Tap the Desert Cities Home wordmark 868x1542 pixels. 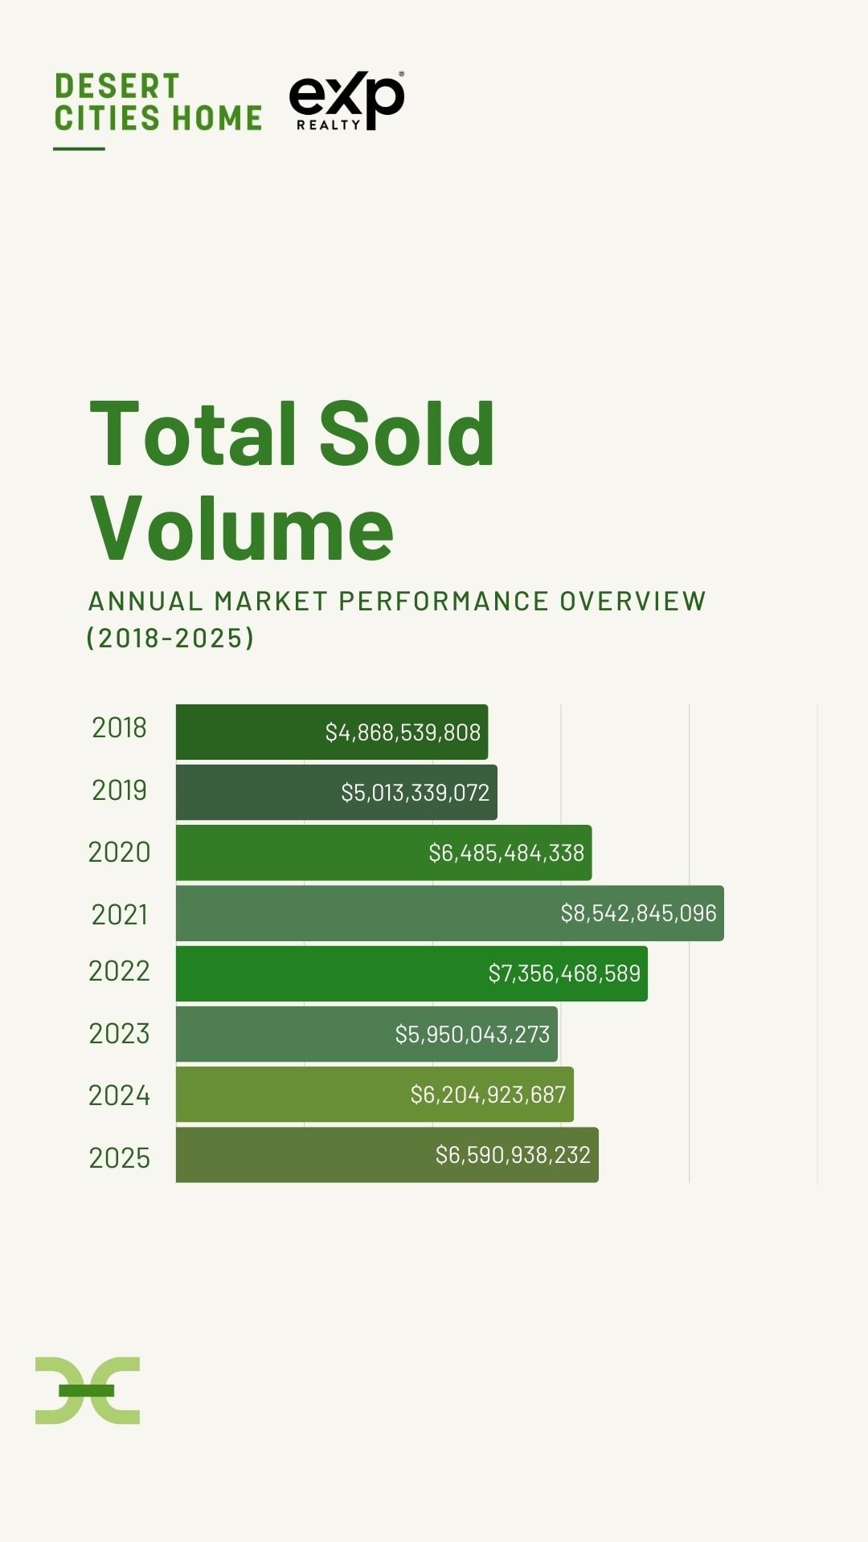tap(158, 102)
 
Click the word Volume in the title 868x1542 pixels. tap(242, 528)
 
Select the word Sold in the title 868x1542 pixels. tap(407, 434)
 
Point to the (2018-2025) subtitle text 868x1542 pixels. tap(170, 638)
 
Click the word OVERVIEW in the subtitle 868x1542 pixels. tap(633, 602)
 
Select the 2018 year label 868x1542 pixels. tap(119, 728)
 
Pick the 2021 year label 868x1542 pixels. tap(119, 915)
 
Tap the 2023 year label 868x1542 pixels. tap(119, 1034)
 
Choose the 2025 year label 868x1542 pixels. tap(119, 1158)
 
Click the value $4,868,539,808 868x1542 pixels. tap(403, 732)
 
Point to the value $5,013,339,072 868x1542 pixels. tap(415, 793)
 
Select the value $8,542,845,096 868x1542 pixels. tap(638, 913)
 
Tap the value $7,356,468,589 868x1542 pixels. tap(564, 973)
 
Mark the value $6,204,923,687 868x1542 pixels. tap(488, 1095)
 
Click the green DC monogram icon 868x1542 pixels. tap(88, 1390)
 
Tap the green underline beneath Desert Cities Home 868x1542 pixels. tap(79, 149)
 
